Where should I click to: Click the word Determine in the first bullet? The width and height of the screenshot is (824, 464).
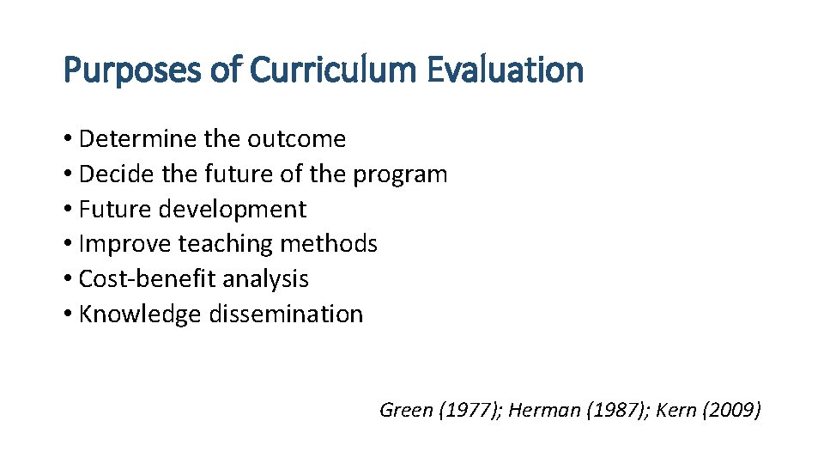tap(138, 139)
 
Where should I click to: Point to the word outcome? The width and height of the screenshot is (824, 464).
tap(296, 139)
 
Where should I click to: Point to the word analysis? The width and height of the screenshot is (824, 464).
tap(265, 279)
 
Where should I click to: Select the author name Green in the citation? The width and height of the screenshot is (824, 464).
tap(406, 410)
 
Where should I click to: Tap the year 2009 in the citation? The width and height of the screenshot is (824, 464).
tap(731, 410)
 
